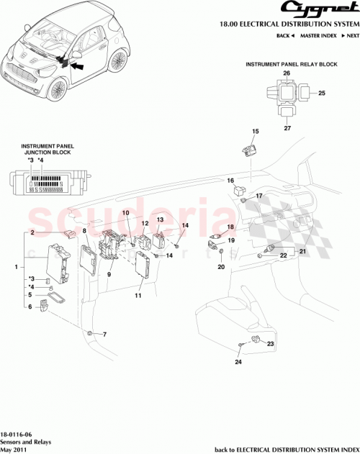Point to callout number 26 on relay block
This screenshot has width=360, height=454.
(287, 73)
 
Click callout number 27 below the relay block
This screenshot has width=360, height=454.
(287, 128)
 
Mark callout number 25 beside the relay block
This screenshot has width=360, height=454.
(322, 93)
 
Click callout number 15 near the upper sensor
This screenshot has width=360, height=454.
(254, 131)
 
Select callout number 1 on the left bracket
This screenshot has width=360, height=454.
(16, 267)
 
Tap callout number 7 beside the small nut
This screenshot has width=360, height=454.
(104, 335)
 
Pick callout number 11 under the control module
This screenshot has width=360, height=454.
(138, 295)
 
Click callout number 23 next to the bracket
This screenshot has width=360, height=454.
(271, 345)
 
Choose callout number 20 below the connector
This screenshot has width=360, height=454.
(221, 267)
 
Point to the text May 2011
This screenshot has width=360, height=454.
(16, 447)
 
